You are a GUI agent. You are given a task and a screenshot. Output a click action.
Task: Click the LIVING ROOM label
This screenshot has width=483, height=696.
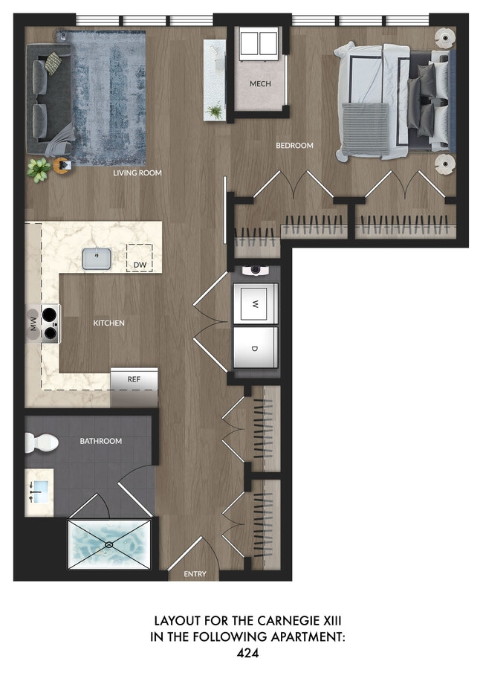[x=137, y=173]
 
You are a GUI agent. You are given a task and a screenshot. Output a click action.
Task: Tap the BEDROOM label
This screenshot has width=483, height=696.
[x=295, y=146]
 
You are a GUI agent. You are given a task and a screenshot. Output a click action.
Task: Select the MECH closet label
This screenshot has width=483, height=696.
[x=260, y=84]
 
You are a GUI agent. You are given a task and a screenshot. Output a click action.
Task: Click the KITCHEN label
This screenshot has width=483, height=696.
[x=108, y=323]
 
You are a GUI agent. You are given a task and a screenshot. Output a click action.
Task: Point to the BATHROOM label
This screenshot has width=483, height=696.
[x=101, y=441]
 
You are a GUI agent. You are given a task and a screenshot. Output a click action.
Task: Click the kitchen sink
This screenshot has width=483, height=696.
[x=97, y=259]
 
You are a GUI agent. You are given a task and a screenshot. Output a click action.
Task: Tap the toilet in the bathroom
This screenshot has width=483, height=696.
[x=42, y=443]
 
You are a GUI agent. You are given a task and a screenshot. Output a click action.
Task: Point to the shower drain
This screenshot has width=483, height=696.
[x=109, y=545]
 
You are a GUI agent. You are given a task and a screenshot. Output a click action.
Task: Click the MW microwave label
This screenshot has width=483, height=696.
[x=33, y=323]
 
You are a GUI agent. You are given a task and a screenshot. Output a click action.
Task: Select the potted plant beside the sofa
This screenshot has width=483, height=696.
[x=39, y=168]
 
